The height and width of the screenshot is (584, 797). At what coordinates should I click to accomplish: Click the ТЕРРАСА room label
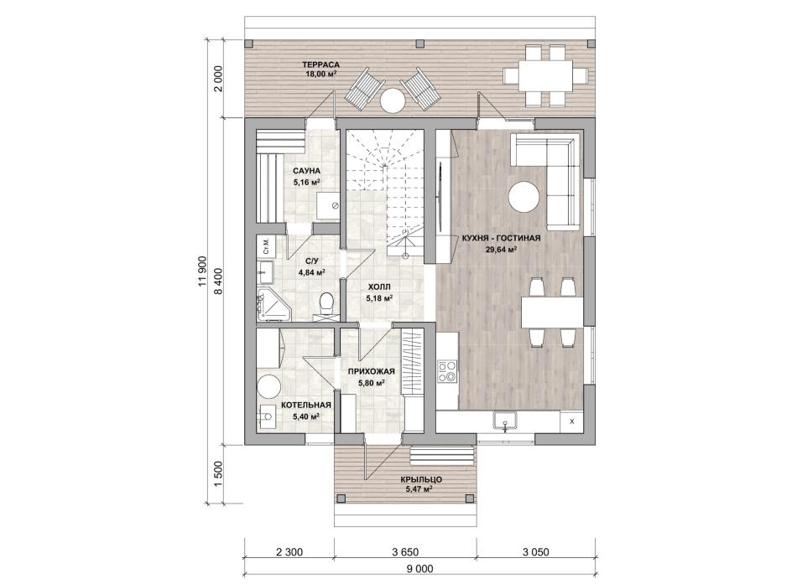click(x=320, y=65)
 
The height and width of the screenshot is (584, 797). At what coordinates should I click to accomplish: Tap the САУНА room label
click(x=306, y=171)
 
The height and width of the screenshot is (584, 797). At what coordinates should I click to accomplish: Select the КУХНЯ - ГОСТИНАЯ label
click(x=501, y=238)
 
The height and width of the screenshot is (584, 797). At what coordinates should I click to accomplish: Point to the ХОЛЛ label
click(x=379, y=287)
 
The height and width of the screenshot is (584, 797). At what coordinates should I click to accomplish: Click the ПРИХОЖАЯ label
click(x=372, y=372)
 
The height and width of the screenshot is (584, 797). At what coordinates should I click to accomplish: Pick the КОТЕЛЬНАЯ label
click(x=306, y=406)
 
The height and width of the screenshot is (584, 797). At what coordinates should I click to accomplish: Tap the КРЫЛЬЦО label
click(x=421, y=479)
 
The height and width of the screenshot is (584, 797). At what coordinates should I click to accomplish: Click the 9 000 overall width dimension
click(x=420, y=569)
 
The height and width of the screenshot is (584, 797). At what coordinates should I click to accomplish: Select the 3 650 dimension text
click(x=405, y=552)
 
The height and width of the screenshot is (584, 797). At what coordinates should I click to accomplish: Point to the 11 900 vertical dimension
click(x=201, y=271)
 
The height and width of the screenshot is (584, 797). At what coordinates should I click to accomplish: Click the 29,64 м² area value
click(x=502, y=249)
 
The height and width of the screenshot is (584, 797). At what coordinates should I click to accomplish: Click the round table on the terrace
click(x=393, y=101)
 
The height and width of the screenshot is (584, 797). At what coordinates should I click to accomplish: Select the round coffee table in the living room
click(x=524, y=197)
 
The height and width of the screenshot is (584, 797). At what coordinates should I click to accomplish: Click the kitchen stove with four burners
click(x=447, y=371)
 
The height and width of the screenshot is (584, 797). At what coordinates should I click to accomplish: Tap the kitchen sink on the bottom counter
click(x=505, y=421)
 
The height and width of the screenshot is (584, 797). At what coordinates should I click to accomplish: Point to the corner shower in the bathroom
click(x=272, y=305)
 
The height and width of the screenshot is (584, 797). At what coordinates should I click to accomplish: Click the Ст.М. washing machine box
click(x=265, y=245)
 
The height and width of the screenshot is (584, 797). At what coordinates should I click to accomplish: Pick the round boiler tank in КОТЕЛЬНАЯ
click(x=268, y=387)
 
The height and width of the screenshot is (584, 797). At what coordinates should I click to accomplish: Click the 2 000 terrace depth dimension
click(x=219, y=79)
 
